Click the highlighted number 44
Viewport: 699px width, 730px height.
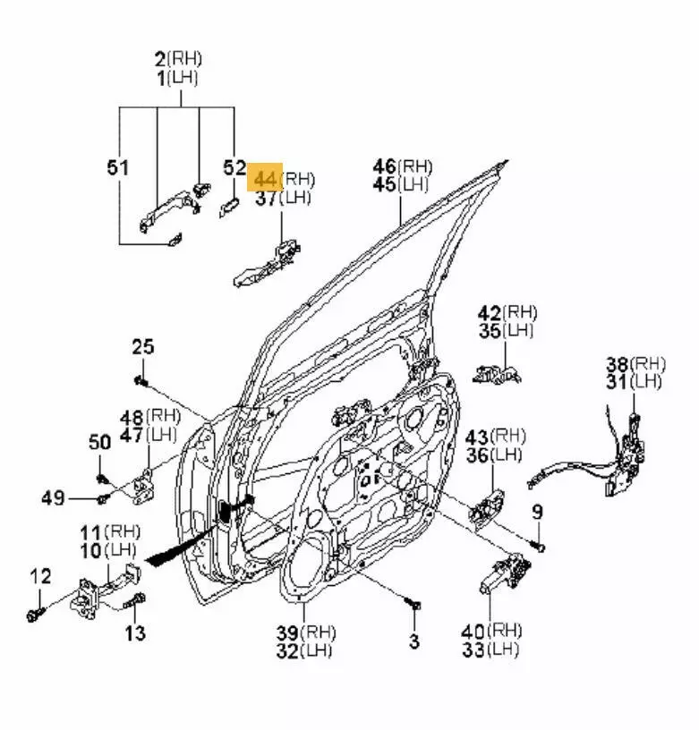pyautogui.click(x=266, y=178)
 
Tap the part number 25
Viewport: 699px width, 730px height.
pyautogui.click(x=143, y=346)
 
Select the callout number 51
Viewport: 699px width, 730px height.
pyautogui.click(x=118, y=167)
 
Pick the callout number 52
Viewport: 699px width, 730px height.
pyautogui.click(x=234, y=167)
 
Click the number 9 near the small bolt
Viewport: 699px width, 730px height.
pyautogui.click(x=537, y=512)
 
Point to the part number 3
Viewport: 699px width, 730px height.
pyautogui.click(x=413, y=641)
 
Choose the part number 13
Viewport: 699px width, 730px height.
pyautogui.click(x=134, y=633)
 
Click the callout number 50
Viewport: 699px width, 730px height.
pyautogui.click(x=99, y=441)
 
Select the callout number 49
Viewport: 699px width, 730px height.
pyautogui.click(x=55, y=497)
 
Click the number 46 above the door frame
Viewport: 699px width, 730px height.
pyautogui.click(x=385, y=166)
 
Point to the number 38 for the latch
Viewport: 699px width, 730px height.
pyautogui.click(x=618, y=363)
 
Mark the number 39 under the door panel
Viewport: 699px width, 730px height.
pyautogui.click(x=288, y=632)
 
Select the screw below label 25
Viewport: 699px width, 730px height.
pyautogui.click(x=141, y=381)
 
